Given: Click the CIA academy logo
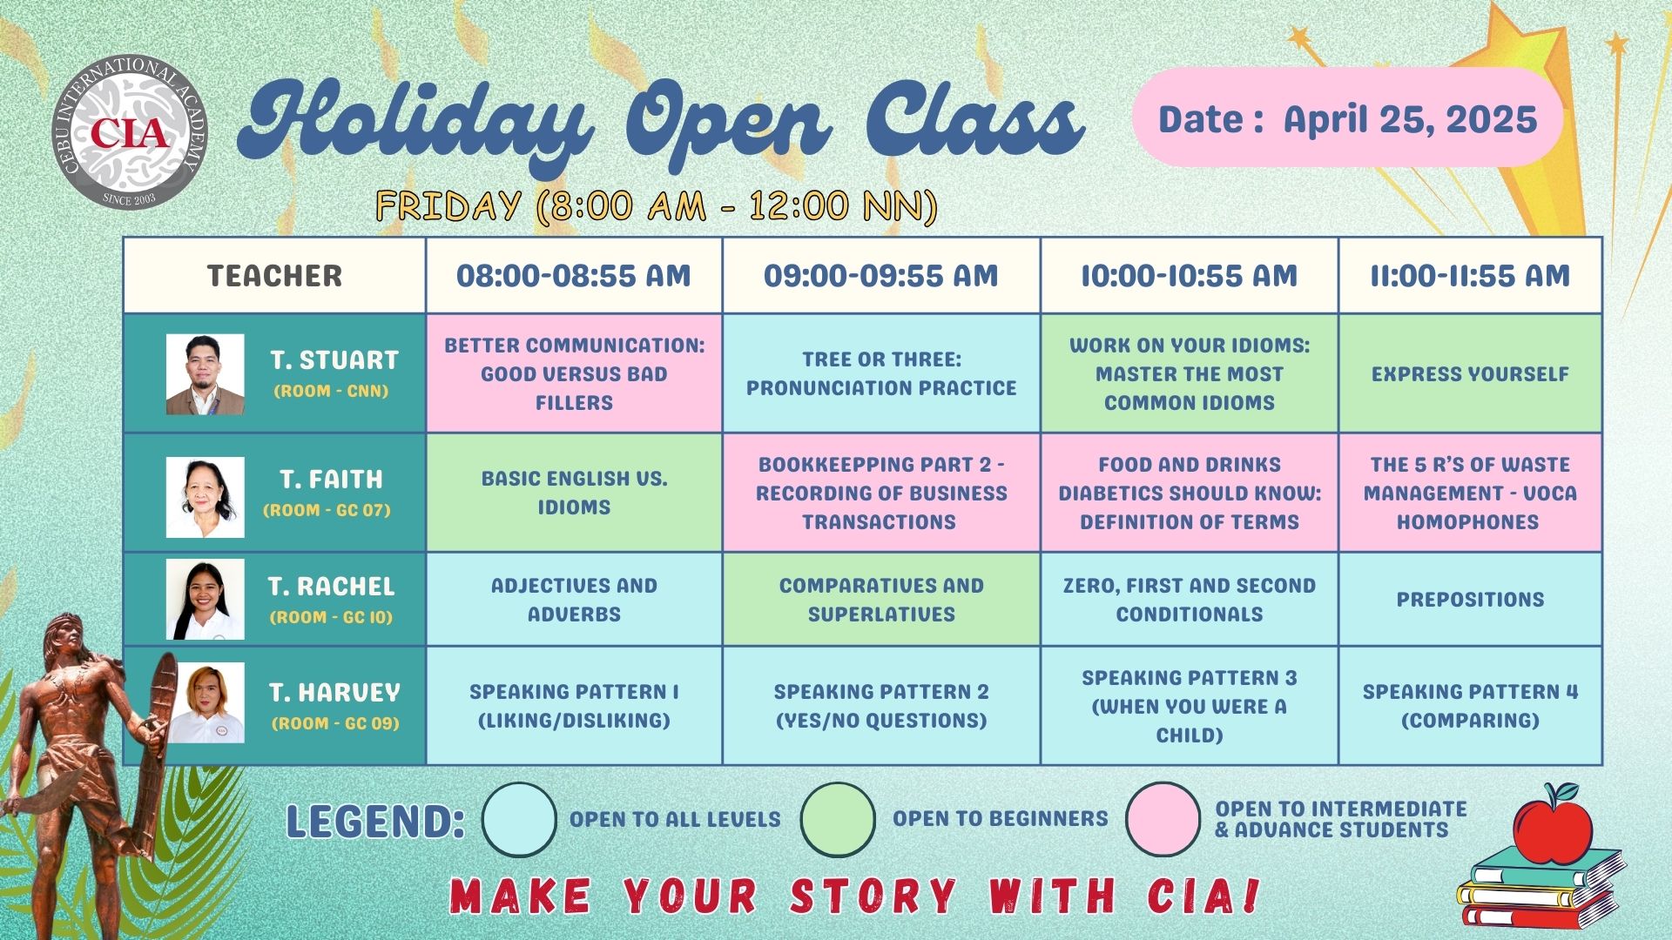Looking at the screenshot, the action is (129, 133).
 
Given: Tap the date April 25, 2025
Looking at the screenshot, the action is (1411, 119).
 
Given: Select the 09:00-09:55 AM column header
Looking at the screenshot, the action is (881, 276).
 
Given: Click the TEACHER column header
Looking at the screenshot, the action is (274, 276).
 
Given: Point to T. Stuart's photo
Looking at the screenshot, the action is (206, 374).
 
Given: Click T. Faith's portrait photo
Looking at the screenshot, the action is (206, 497).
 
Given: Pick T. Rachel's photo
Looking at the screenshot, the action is (206, 600).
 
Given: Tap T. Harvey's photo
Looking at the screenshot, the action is (206, 703).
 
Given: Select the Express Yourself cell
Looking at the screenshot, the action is (1470, 373).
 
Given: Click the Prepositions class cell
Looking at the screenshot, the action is (1470, 599).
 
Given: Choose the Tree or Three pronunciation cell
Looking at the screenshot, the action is (881, 373).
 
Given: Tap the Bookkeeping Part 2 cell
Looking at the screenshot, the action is (881, 493).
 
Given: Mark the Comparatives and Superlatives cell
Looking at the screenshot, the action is (881, 599).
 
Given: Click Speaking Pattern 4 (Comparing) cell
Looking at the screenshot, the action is (1470, 706).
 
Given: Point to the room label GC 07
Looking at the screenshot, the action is (327, 510).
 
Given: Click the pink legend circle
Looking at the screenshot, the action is (1163, 820).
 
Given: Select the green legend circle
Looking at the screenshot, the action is (838, 820).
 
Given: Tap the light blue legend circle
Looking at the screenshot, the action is (519, 820).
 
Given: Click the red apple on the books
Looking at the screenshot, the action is (1553, 825).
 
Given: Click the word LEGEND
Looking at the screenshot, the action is (375, 822).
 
